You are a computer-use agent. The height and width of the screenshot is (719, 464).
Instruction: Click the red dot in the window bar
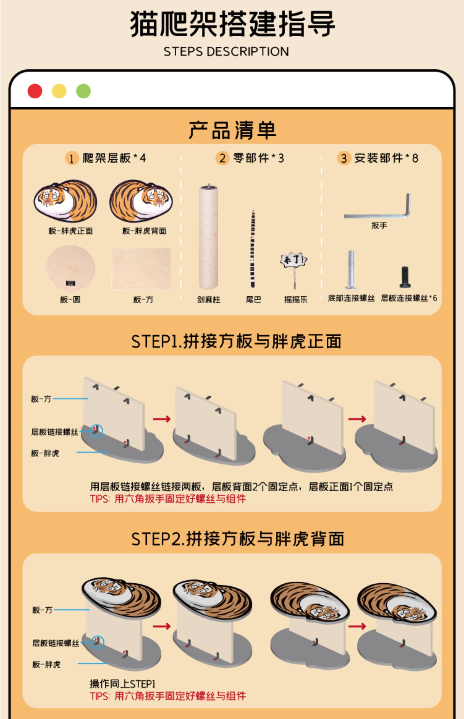click(x=35, y=91)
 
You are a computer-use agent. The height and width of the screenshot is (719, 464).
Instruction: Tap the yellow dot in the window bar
click(x=59, y=91)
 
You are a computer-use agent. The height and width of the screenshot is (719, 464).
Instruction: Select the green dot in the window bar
click(x=84, y=91)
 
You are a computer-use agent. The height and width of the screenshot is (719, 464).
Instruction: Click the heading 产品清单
click(x=232, y=130)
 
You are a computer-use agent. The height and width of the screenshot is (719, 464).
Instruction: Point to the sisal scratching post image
click(x=208, y=237)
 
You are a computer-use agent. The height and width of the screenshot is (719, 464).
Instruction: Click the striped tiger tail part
click(x=253, y=249)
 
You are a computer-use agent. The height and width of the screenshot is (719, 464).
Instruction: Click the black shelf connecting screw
click(x=404, y=277)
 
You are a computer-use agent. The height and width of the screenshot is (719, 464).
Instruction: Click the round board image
click(x=70, y=268)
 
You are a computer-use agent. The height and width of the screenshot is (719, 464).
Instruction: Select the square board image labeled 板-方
click(x=141, y=268)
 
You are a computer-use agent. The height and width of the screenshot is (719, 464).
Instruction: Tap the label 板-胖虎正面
click(x=71, y=231)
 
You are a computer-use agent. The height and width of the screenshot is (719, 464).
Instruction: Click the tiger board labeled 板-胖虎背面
click(x=141, y=201)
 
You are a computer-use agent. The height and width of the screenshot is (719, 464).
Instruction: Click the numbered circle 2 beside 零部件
click(x=222, y=158)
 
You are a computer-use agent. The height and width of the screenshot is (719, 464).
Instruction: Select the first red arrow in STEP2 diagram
click(x=162, y=626)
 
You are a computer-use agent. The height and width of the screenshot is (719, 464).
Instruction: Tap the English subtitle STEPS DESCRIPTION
click(x=226, y=51)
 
